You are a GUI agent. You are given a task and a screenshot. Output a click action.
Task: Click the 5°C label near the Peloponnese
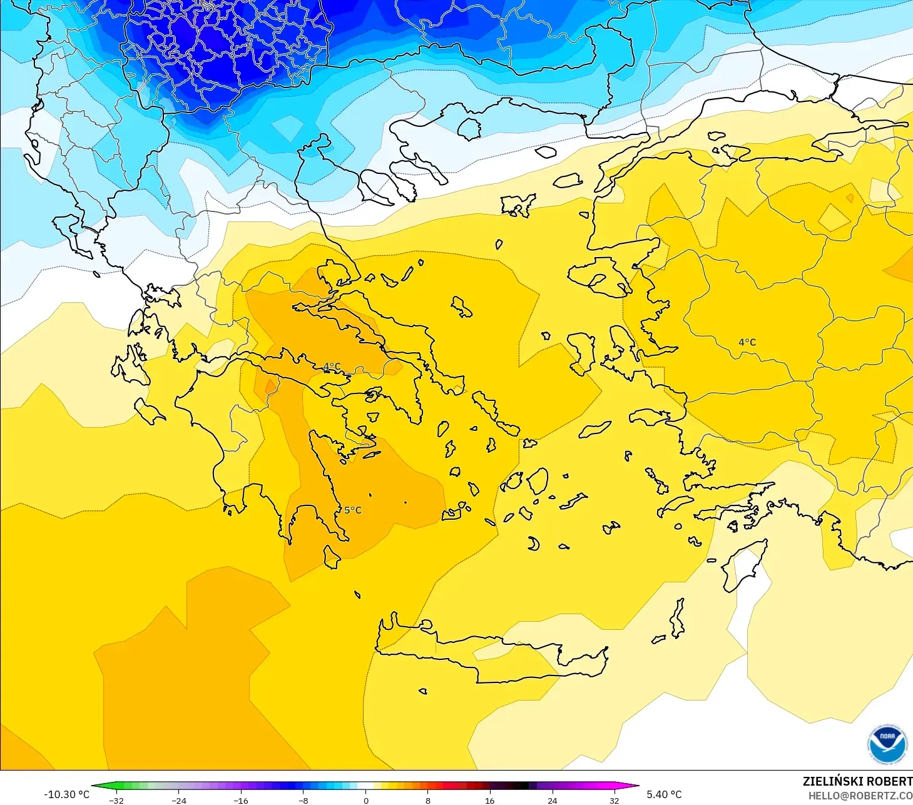click(352, 510)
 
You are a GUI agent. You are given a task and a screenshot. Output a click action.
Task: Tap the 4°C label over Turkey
click(747, 342)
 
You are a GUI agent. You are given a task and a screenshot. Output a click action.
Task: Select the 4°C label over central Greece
click(332, 367)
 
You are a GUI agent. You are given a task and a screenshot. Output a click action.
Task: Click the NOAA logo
click(887, 744)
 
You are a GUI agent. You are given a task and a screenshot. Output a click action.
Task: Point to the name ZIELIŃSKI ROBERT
click(857, 781)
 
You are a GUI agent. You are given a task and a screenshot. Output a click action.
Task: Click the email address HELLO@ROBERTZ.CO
click(860, 796)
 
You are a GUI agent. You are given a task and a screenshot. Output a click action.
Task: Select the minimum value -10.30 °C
click(66, 794)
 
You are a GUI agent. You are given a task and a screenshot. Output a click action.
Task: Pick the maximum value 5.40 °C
click(664, 794)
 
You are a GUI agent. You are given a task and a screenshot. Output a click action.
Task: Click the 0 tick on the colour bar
click(366, 800)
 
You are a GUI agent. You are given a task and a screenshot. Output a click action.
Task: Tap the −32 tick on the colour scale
click(116, 800)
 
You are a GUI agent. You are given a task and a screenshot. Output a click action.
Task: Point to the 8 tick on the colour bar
click(428, 800)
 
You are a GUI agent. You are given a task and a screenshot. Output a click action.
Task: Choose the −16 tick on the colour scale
click(241, 800)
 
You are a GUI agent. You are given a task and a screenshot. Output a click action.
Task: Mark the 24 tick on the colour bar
click(552, 800)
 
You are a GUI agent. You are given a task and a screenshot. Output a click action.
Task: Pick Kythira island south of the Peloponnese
click(331, 557)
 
